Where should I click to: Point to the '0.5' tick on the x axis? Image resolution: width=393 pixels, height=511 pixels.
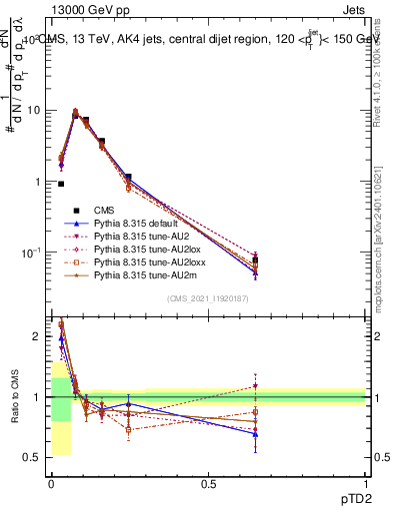click(x=208, y=483)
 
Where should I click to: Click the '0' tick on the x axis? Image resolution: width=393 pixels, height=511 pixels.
click(x=50, y=483)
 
